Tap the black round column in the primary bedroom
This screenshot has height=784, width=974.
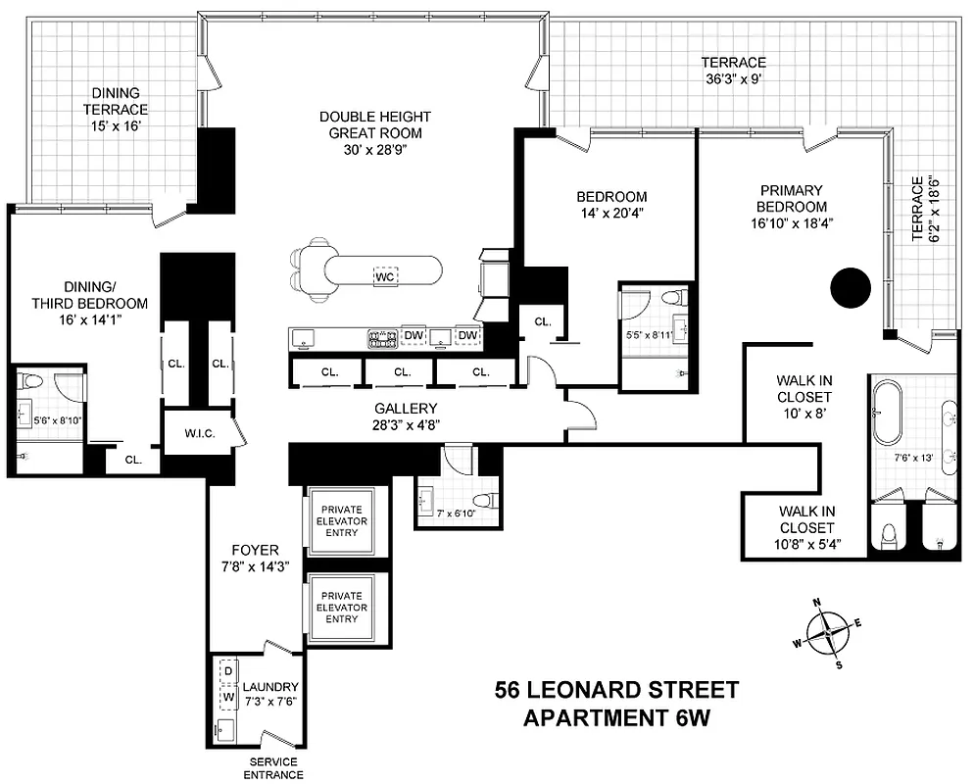point(850,288)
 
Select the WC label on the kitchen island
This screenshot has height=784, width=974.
point(384,276)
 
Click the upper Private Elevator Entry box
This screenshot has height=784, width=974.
point(342,521)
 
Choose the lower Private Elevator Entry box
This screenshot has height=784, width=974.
point(342,607)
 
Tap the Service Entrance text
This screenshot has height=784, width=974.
point(273,768)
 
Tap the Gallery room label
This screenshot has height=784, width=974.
point(406,409)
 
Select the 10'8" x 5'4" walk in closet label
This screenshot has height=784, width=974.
point(806,526)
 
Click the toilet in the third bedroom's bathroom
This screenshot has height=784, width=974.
point(30,384)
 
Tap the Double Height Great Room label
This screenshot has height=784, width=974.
point(375,124)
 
